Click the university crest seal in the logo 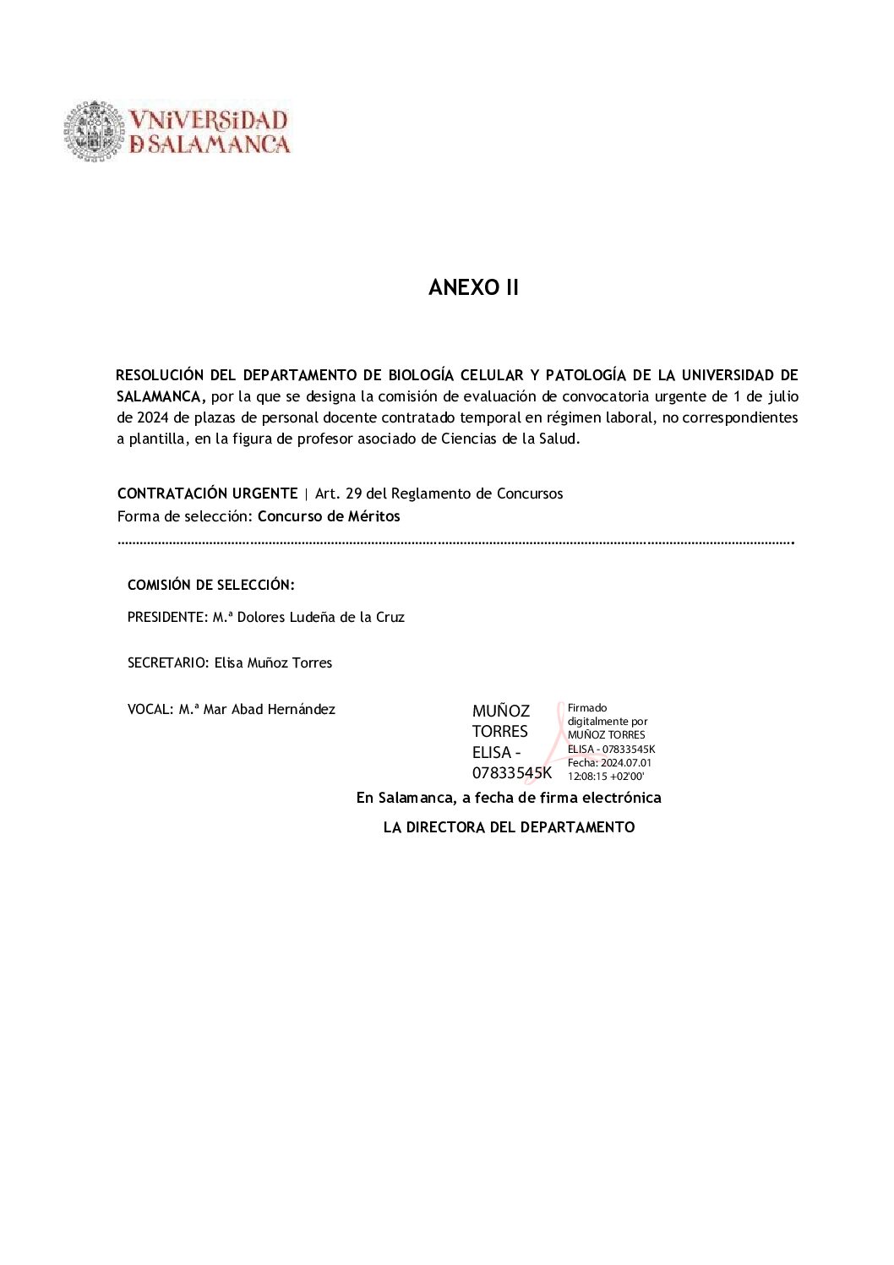pyautogui.click(x=94, y=131)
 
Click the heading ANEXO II pyautogui.click(x=473, y=288)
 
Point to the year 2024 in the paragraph pyautogui.click(x=153, y=417)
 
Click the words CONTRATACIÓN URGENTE pyautogui.click(x=207, y=493)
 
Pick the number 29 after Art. pyautogui.click(x=353, y=493)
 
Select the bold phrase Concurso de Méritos pyautogui.click(x=329, y=516)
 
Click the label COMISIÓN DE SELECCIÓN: pyautogui.click(x=210, y=585)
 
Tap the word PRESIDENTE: pyautogui.click(x=167, y=618)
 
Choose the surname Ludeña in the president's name pyautogui.click(x=313, y=618)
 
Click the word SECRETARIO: pyautogui.click(x=167, y=663)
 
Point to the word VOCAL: pyautogui.click(x=150, y=710)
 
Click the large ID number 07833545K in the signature pyautogui.click(x=512, y=773)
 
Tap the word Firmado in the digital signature pyautogui.click(x=587, y=708)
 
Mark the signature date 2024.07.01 pyautogui.click(x=626, y=763)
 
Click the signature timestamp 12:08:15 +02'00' pyautogui.click(x=606, y=777)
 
